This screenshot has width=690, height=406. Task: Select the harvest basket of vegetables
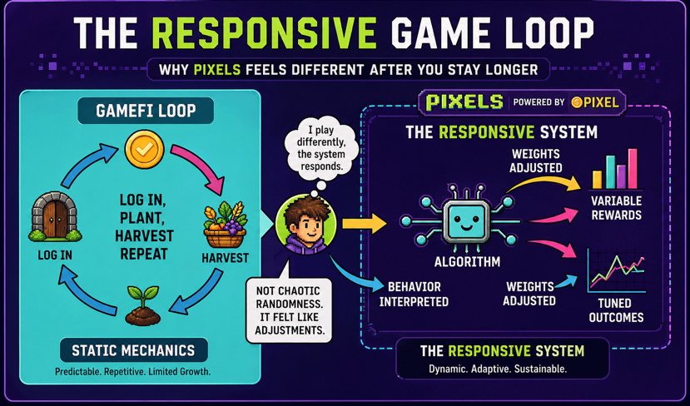225,227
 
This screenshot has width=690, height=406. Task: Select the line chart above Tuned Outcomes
617,270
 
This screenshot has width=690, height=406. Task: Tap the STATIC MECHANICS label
133,350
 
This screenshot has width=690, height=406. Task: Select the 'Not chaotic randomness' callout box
289,309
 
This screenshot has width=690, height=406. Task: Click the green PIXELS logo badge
464,102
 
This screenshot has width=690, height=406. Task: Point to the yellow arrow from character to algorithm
364,223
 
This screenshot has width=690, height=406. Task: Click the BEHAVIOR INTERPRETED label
414,294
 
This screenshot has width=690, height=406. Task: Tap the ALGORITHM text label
467,262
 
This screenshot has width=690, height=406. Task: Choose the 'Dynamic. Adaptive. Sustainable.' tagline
498,369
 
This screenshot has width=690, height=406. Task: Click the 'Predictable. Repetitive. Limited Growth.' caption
133,371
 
